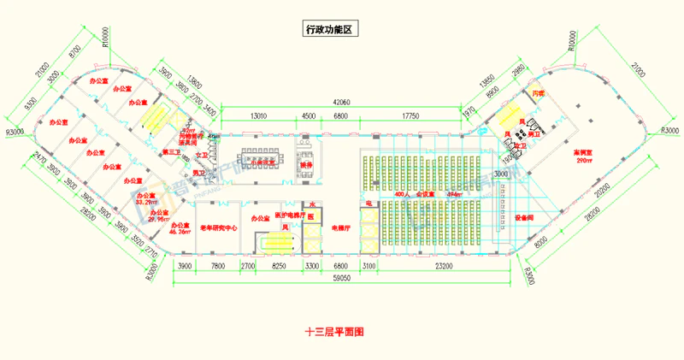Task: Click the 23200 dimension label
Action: [x=444, y=267]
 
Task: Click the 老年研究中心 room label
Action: [x=218, y=228]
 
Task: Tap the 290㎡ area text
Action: [x=584, y=161]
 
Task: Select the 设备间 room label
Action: [x=524, y=216]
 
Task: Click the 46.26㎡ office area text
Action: [x=179, y=231]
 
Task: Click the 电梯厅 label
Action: [x=339, y=228]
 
